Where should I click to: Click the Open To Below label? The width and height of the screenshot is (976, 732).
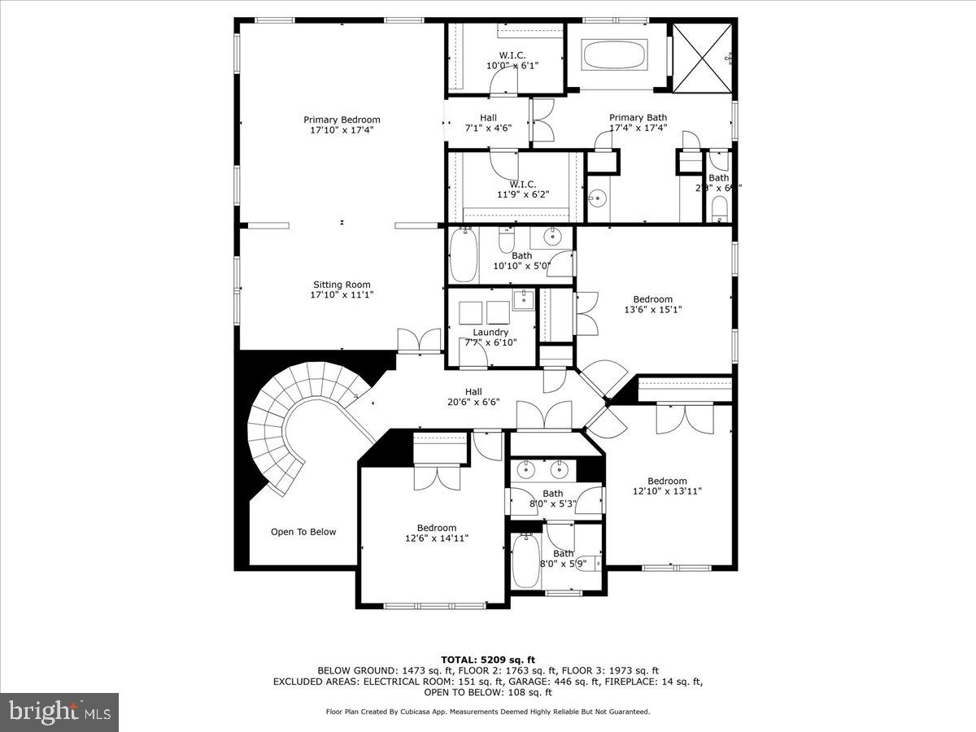pyautogui.click(x=303, y=532)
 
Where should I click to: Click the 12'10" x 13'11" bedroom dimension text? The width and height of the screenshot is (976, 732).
pyautogui.click(x=667, y=490)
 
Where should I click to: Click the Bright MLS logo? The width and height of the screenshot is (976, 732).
pyautogui.click(x=59, y=712)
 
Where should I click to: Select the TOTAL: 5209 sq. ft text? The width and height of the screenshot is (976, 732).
pyautogui.click(x=488, y=660)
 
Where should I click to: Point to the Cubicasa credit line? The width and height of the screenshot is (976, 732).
pyautogui.click(x=488, y=712)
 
